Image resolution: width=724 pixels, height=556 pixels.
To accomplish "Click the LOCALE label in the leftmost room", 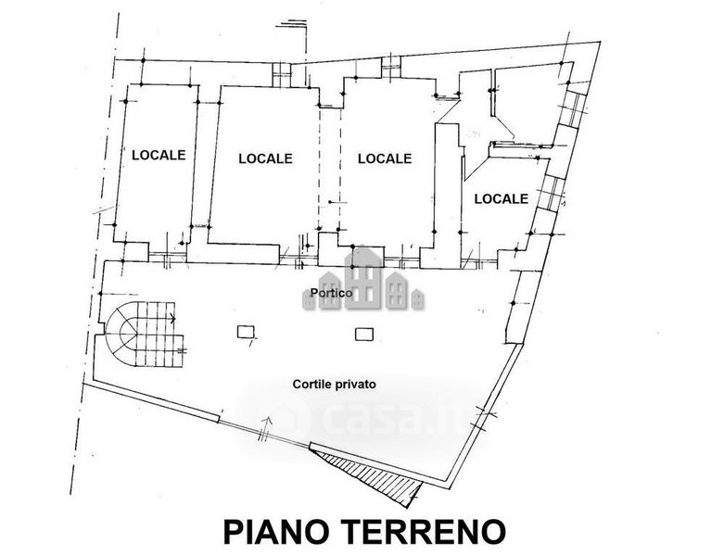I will click(x=159, y=155).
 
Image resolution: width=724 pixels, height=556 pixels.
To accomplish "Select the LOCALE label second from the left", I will click(x=265, y=158).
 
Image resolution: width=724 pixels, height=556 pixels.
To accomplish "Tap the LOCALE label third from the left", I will click(x=384, y=158).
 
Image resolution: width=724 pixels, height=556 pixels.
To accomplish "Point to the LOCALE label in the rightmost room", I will click(x=501, y=198).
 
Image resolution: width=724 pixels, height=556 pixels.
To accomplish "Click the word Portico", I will click(x=331, y=294).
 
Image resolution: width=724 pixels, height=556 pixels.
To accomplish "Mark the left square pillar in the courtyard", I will click(x=246, y=332).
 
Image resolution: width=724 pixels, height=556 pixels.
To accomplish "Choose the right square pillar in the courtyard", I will click(x=362, y=333).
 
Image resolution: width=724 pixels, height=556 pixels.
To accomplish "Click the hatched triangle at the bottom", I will click(x=366, y=472).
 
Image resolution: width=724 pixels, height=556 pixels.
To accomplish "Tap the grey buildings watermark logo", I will click(x=364, y=280).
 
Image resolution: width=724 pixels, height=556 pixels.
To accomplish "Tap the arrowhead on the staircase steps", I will click(x=173, y=321).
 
